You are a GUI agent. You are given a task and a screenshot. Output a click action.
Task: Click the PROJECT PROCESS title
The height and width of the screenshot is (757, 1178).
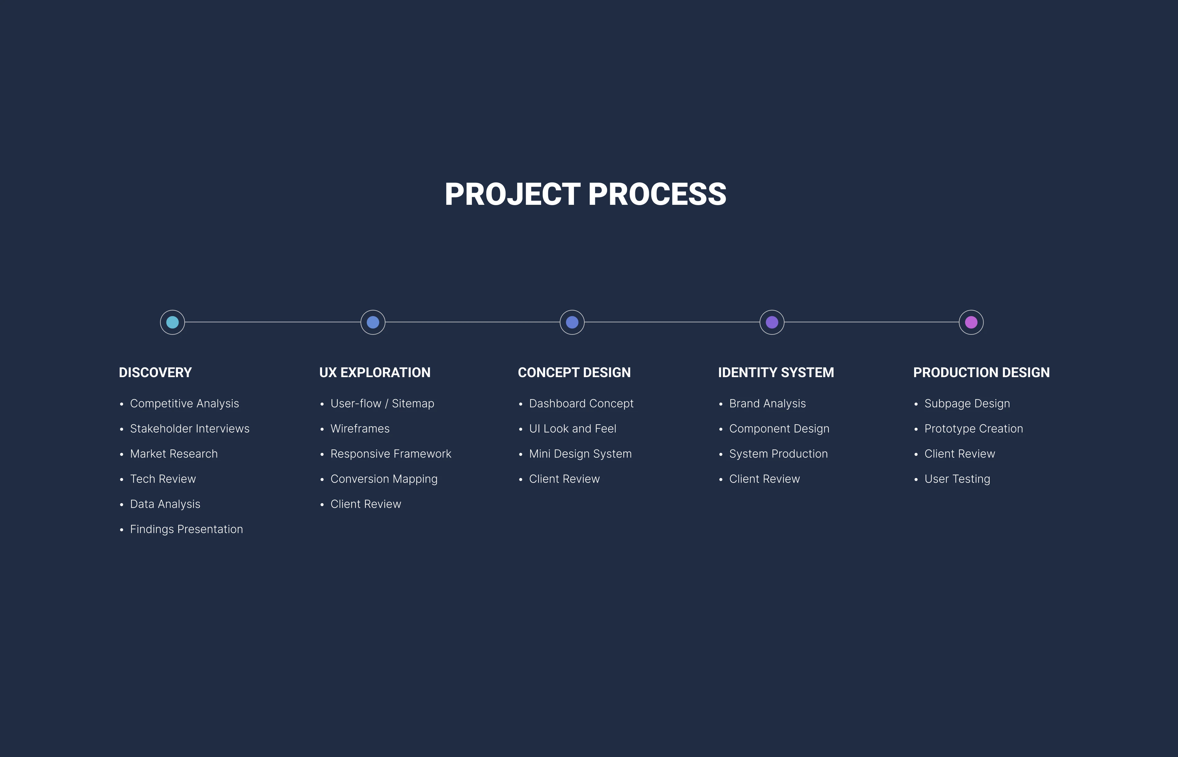click(585, 194)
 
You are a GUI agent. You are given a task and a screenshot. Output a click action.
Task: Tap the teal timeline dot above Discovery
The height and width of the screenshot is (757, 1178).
click(173, 323)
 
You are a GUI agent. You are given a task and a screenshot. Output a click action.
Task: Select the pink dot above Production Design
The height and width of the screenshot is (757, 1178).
click(972, 323)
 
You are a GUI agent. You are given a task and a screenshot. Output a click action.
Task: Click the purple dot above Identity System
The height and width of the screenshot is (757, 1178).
click(772, 323)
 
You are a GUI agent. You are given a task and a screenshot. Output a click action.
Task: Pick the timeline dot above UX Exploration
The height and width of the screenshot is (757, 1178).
click(373, 323)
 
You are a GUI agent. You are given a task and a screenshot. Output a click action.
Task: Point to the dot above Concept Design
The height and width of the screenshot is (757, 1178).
click(572, 323)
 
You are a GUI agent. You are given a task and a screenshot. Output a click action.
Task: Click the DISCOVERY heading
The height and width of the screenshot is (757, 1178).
click(156, 373)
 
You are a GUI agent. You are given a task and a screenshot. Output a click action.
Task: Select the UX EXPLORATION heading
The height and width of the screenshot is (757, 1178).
click(375, 373)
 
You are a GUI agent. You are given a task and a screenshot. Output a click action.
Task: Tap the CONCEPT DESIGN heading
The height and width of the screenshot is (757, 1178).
click(574, 373)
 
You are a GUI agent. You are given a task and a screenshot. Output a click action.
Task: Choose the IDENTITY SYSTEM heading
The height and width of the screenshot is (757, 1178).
click(776, 373)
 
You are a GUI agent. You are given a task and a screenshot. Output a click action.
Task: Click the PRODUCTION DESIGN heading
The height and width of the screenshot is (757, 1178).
click(981, 373)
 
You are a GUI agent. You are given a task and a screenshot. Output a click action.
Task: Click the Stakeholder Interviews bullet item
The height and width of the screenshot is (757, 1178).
click(190, 429)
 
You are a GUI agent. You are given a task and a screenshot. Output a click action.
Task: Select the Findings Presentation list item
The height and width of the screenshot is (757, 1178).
click(187, 530)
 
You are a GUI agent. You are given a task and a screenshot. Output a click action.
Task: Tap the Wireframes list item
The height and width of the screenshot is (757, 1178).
click(360, 429)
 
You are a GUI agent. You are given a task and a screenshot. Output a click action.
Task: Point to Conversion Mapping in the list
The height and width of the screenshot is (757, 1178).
click(384, 479)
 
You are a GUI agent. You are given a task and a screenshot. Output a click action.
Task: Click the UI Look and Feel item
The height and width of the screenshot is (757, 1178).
click(572, 429)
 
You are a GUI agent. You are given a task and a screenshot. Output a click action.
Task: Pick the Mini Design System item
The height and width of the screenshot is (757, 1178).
click(580, 454)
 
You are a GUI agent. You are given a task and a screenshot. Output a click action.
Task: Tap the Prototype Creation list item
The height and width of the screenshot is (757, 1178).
click(974, 429)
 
